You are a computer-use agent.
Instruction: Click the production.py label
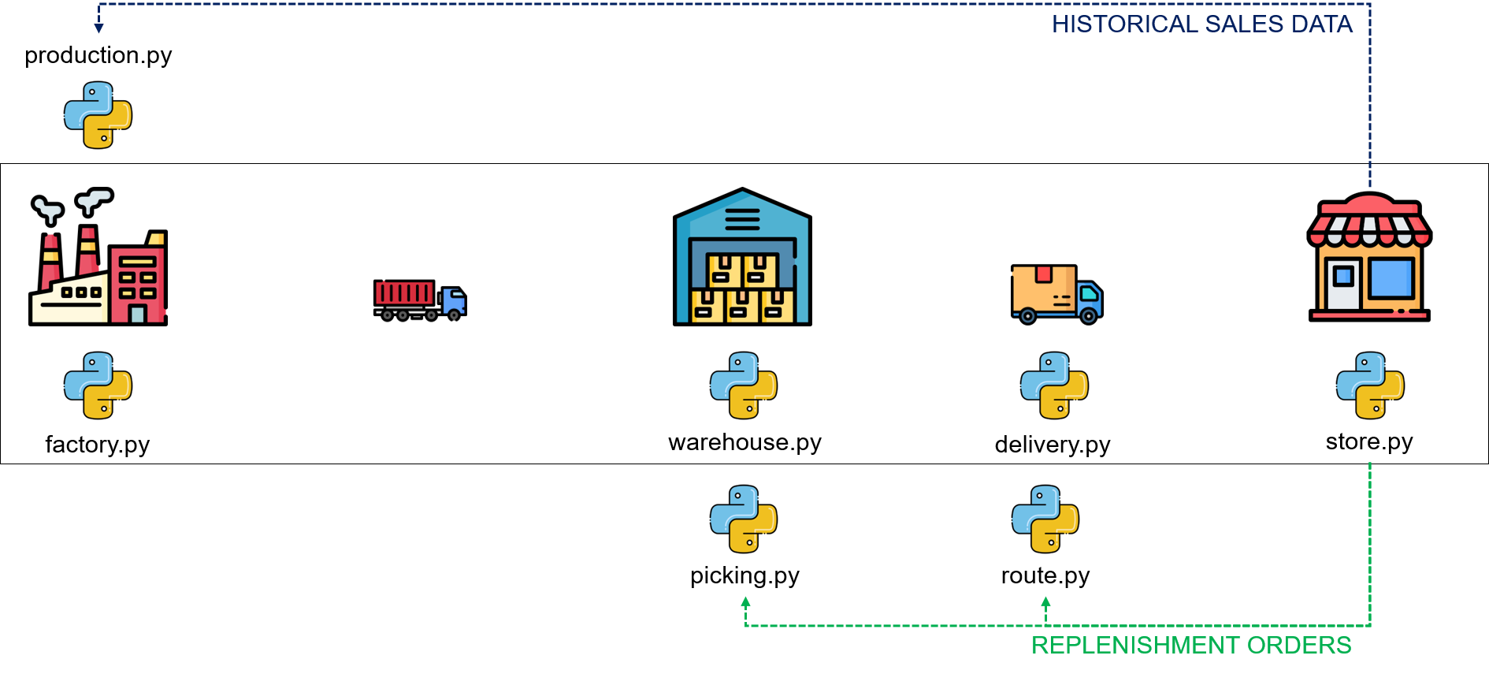pos(98,56)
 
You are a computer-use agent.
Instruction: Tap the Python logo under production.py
pos(98,115)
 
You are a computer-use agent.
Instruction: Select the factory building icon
pos(98,256)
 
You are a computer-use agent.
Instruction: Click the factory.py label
pos(98,445)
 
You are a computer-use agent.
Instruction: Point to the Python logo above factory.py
pos(98,385)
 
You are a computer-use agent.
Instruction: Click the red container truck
pos(420,300)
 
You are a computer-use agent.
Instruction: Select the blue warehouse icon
pos(742,256)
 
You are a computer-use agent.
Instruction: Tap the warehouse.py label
pos(744,443)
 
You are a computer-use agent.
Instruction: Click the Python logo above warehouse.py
pos(744,385)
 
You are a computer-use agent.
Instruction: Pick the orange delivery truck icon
pos(1056,294)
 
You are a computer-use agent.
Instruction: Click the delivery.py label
pos(1053,445)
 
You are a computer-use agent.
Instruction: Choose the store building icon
pos(1369,256)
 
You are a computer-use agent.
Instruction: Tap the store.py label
pos(1369,442)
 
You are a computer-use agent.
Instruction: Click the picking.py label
pos(744,576)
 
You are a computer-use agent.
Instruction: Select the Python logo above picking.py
pos(744,519)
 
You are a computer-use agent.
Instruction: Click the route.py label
pos(1045,576)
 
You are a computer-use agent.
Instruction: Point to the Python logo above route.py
pos(1045,519)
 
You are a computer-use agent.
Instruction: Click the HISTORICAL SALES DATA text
pos(1202,24)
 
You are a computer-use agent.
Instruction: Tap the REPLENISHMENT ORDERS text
pos(1191,646)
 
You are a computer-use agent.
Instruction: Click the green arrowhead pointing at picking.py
pos(745,602)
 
